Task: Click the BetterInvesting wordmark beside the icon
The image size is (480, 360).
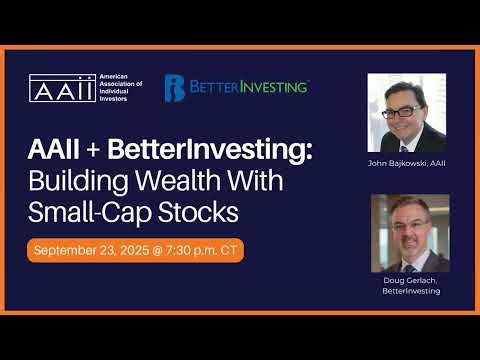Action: pos(249,88)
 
